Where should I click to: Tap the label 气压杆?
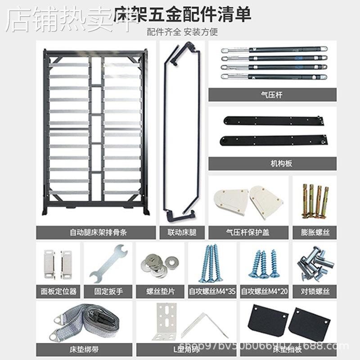(272, 94)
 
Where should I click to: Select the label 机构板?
(272, 163)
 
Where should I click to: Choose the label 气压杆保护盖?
(250, 233)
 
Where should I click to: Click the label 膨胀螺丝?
(315, 233)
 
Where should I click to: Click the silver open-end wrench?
(108, 263)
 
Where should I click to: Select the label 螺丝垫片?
(161, 291)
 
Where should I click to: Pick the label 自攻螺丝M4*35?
(212, 291)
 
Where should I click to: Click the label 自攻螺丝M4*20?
(264, 291)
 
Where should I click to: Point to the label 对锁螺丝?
(315, 291)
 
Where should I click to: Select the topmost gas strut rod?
(274, 50)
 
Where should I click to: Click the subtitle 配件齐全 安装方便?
(182, 31)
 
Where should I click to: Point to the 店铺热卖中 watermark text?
(67, 20)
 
